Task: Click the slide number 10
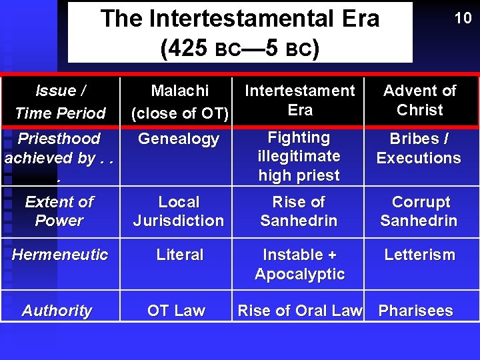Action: [463, 18]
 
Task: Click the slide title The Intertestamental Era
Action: [239, 19]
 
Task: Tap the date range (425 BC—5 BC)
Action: [239, 48]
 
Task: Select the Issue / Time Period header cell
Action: [60, 101]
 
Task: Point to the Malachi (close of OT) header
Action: [179, 101]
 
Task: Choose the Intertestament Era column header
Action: [299, 100]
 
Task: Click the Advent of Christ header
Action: [419, 100]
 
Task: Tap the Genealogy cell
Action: [178, 139]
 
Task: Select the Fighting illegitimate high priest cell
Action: [299, 157]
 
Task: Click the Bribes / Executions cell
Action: [419, 149]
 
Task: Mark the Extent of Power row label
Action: [59, 211]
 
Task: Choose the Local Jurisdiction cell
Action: [179, 211]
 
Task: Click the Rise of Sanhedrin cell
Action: [299, 211]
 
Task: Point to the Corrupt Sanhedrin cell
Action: [419, 211]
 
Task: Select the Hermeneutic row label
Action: [60, 255]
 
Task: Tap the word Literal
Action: [179, 255]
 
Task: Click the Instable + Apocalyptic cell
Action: [299, 264]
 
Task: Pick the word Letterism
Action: [419, 255]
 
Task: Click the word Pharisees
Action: [415, 311]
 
